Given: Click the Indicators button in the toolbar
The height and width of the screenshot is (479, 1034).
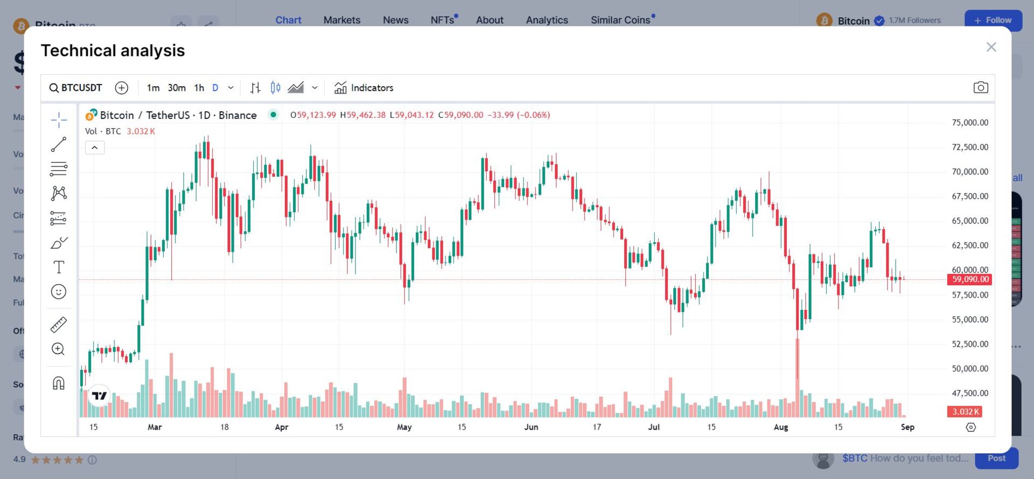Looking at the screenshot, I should [364, 88].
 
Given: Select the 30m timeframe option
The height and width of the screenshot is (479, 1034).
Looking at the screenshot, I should [177, 88].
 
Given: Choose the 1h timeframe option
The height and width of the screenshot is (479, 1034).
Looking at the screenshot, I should [199, 88].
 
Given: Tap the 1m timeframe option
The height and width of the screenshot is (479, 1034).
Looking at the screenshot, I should [153, 88].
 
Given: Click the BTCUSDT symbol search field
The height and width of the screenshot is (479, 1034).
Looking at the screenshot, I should [76, 88].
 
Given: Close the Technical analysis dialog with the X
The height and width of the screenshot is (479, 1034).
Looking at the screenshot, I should [991, 47].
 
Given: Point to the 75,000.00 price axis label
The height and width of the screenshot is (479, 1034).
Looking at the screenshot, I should [970, 123].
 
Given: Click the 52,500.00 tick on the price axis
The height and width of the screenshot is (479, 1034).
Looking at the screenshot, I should [970, 344].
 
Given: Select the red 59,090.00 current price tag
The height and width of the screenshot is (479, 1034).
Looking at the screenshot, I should [970, 279].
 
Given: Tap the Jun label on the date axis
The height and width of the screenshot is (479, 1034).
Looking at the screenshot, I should [531, 427].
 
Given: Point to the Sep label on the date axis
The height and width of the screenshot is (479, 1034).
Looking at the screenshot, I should [907, 427].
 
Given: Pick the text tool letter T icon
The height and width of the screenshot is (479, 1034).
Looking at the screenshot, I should [59, 267].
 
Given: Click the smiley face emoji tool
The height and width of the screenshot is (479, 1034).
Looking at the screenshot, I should [59, 292].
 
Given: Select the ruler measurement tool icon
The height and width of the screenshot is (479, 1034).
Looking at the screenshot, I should [59, 325].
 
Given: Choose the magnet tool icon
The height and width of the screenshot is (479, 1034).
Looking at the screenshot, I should [59, 383].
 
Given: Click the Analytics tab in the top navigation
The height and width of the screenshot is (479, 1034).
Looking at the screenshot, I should [547, 20].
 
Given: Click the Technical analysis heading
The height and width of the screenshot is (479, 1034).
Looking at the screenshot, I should [113, 51].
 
